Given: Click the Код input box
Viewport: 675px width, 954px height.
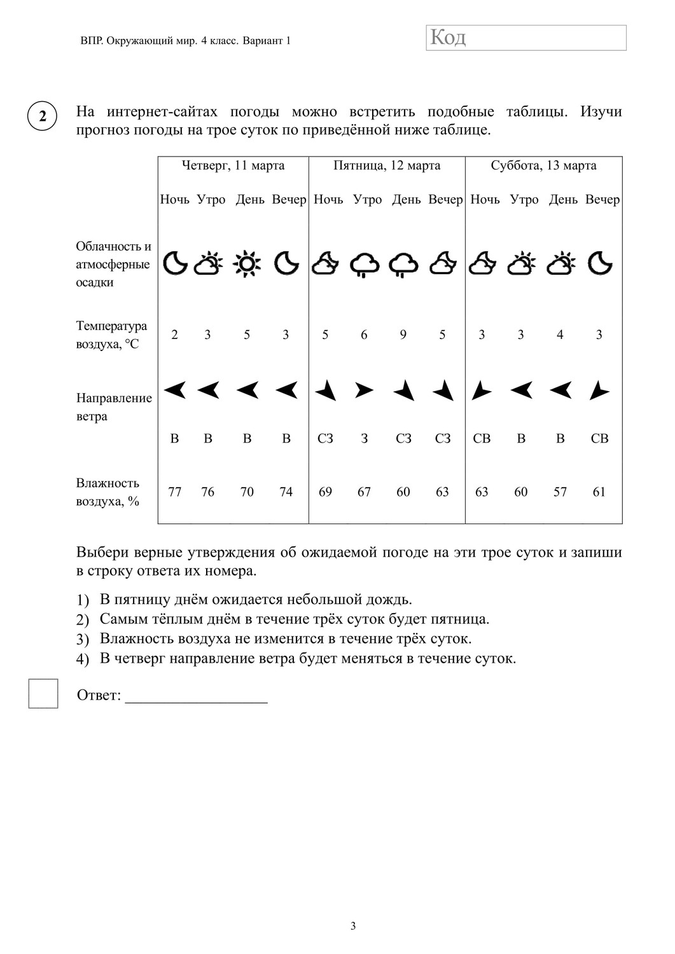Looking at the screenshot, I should pos(526,38).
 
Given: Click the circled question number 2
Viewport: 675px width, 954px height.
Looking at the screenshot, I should pos(43,117).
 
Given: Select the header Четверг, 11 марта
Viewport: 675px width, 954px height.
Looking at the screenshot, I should pos(233,166).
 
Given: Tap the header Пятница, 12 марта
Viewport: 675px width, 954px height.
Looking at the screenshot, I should pos(387,166).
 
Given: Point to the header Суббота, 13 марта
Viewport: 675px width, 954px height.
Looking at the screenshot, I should pos(543,166).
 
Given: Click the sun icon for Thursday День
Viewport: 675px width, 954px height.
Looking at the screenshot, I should pos(247,263).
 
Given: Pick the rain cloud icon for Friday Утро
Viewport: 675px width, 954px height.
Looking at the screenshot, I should pos(365,264).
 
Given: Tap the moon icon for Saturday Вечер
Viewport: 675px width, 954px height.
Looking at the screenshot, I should pos(599,263).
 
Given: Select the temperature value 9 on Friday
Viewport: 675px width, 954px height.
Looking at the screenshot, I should pos(403,335).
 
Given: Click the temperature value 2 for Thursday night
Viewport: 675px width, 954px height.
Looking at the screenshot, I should pos(175,335).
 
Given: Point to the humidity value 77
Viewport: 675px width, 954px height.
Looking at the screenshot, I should pos(175,492).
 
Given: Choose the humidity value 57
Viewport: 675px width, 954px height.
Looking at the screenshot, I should pos(560,492).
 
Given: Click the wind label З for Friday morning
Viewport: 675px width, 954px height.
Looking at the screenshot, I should pos(365,438).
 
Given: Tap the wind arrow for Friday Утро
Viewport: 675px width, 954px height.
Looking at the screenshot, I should pos(364,390).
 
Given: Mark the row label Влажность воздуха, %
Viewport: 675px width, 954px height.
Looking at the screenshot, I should pos(108,492).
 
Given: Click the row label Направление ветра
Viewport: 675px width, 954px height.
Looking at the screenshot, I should pos(114,407).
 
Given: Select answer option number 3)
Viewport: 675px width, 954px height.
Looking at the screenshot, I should pos(82,639).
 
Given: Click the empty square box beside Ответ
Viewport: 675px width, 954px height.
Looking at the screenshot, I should pos(43,693).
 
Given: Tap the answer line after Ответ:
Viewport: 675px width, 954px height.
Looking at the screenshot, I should pos(196,697).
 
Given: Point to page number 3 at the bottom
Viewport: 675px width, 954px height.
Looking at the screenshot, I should pos(353,926).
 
